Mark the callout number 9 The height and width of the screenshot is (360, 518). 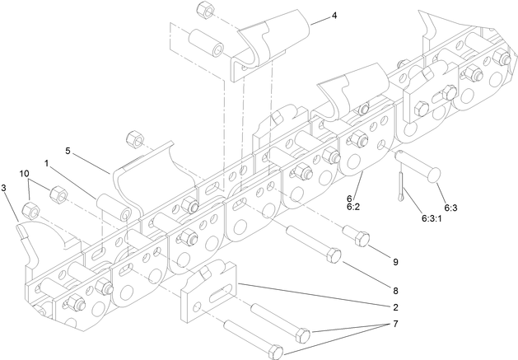point(394,261)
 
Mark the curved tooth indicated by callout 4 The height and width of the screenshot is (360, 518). point(272,41)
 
